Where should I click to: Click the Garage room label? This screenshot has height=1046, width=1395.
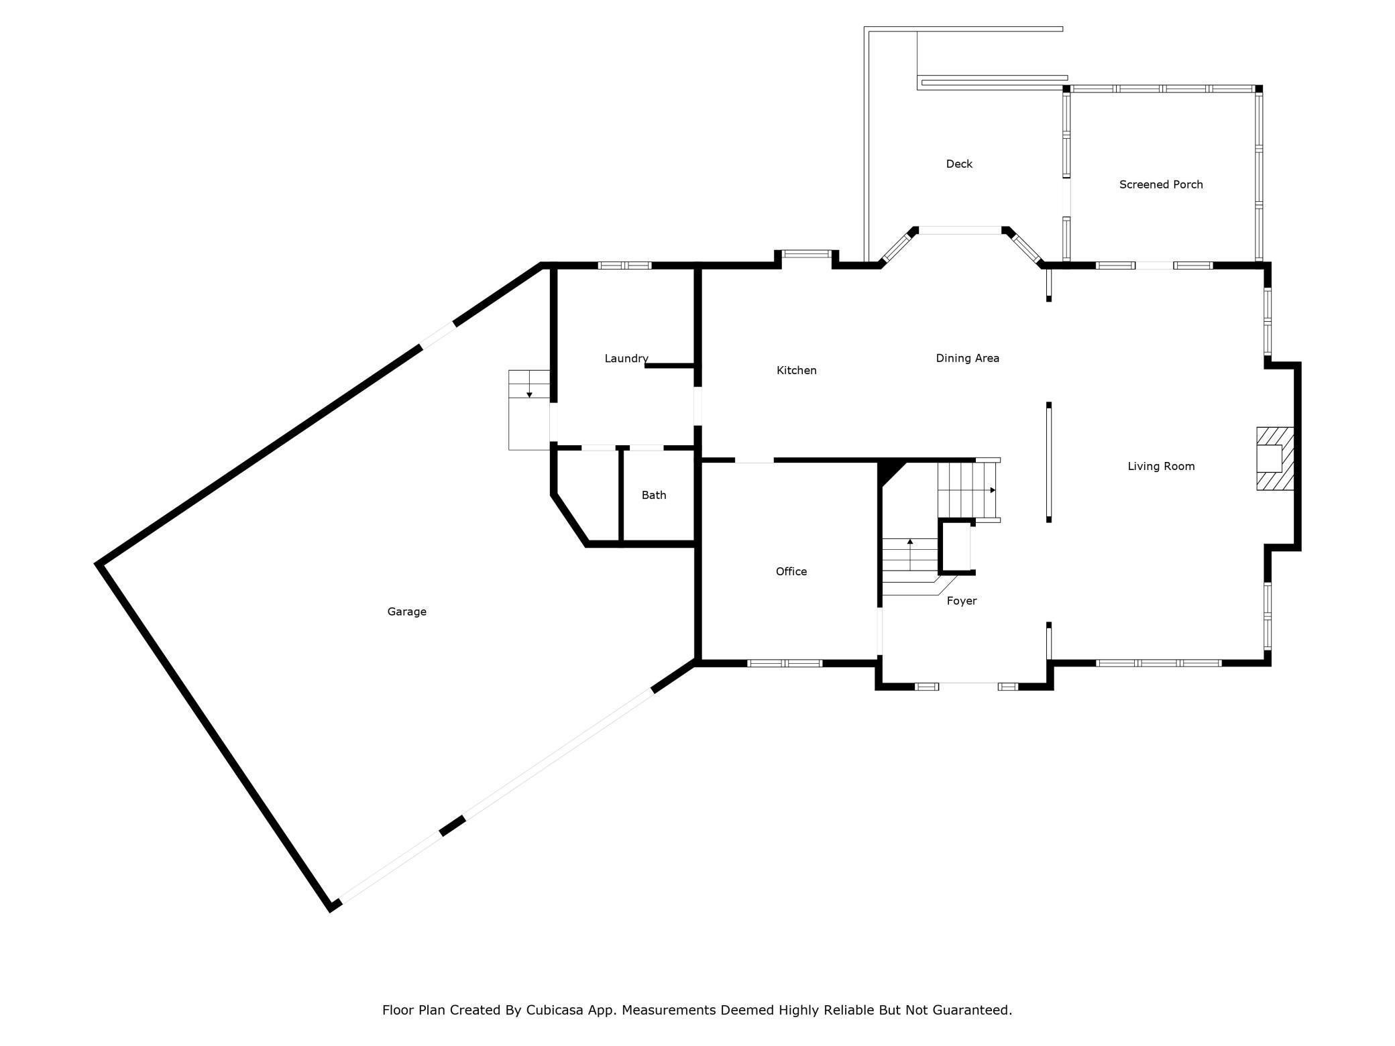click(406, 612)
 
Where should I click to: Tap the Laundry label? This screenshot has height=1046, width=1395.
click(626, 359)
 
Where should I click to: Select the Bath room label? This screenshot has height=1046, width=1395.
click(654, 495)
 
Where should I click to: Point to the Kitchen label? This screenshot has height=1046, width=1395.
click(796, 370)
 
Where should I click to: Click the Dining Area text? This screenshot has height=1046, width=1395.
click(967, 358)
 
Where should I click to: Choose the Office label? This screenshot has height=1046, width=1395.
click(791, 571)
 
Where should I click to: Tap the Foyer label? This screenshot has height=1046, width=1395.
click(961, 601)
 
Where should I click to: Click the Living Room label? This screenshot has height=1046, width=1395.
click(1161, 466)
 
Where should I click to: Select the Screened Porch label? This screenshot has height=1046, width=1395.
click(1161, 184)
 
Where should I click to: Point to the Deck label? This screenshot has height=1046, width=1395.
click(959, 164)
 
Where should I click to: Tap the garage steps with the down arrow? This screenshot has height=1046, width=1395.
click(529, 410)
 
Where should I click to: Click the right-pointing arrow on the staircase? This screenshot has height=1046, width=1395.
click(992, 490)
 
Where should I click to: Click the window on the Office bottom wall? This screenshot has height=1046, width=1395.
click(785, 663)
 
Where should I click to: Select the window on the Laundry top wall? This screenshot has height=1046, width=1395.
click(624, 266)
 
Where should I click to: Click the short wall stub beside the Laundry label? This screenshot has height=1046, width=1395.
click(669, 365)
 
